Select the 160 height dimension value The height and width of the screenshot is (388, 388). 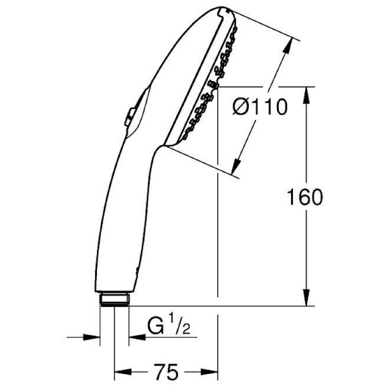(305, 197)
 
